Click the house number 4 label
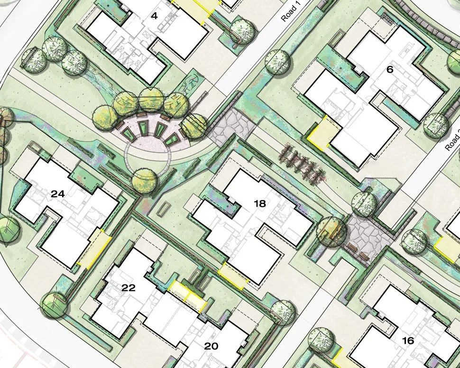[x=154, y=16]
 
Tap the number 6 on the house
[x=390, y=70]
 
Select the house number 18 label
[x=259, y=204]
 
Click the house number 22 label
[x=129, y=288]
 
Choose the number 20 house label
[x=211, y=346]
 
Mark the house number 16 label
[x=407, y=340]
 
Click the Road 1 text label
[x=289, y=10]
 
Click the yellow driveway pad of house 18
[x=234, y=276]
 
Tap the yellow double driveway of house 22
[x=188, y=294]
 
